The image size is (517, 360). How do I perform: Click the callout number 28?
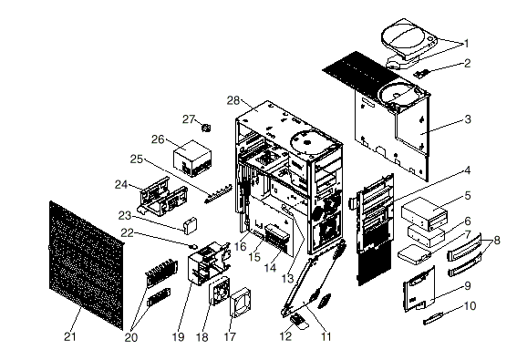[x=233, y=100]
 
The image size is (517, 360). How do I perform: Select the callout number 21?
[x=70, y=336]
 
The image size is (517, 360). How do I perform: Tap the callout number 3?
[x=468, y=119]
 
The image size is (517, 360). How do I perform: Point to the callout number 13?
[x=287, y=279]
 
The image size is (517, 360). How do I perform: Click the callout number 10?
[x=470, y=306]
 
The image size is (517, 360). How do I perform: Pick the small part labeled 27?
[x=206, y=128]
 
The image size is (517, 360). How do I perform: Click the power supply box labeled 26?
[x=192, y=159]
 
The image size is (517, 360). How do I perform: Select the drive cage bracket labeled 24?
[x=163, y=196]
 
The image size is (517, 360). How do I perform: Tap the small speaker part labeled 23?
[x=191, y=225]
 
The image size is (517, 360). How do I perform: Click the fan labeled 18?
[x=219, y=292]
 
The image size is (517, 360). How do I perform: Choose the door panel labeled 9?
[x=419, y=289]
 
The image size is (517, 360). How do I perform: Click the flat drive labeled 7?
[x=415, y=254]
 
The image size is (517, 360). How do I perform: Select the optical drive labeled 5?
[x=425, y=213]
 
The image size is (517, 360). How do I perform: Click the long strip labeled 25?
[x=218, y=194]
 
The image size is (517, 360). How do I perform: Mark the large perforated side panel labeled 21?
[x=87, y=264]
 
